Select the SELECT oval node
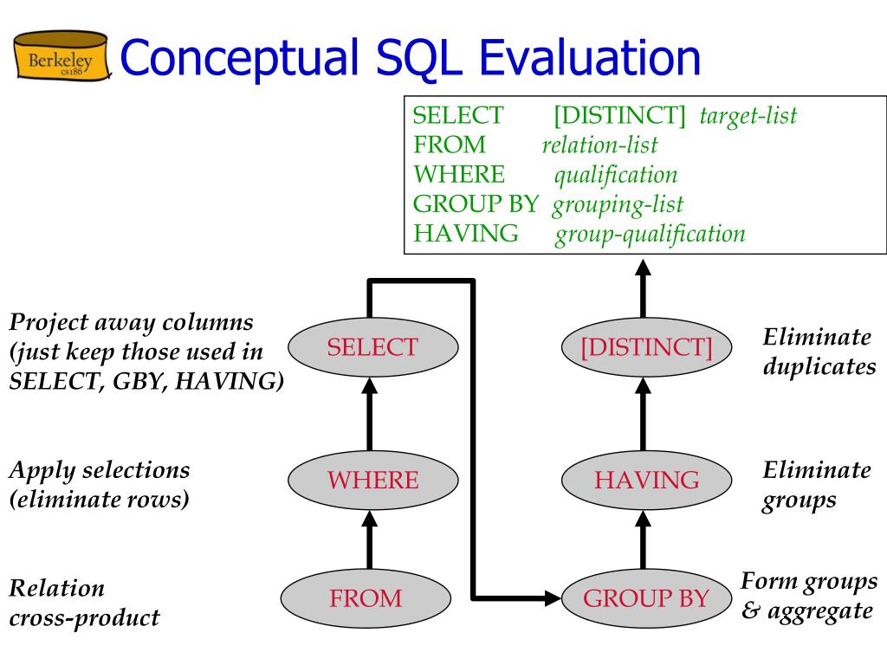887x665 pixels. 372,347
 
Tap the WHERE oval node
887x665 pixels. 372,480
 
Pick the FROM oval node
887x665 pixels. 365,597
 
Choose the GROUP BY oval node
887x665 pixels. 646,597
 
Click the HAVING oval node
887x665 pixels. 646,480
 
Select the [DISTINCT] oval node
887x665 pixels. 646,347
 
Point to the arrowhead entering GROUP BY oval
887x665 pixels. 551,597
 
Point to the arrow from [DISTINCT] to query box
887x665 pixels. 643,290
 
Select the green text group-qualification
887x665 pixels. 650,234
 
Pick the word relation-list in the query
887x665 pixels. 599,145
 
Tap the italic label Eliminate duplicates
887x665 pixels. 819,352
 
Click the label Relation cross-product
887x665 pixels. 84,604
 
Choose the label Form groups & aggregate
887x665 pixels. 809,596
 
